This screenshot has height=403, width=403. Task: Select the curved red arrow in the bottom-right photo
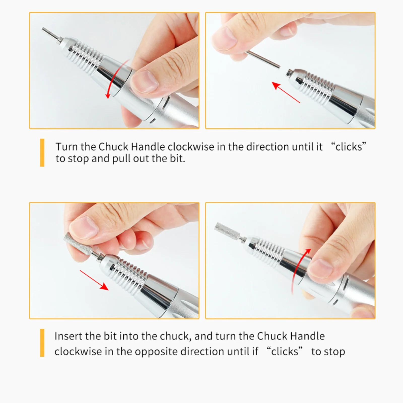[x=300, y=270]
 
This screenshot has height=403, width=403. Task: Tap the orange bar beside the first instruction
[x=42, y=153]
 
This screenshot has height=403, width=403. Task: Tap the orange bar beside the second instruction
[x=42, y=343]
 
